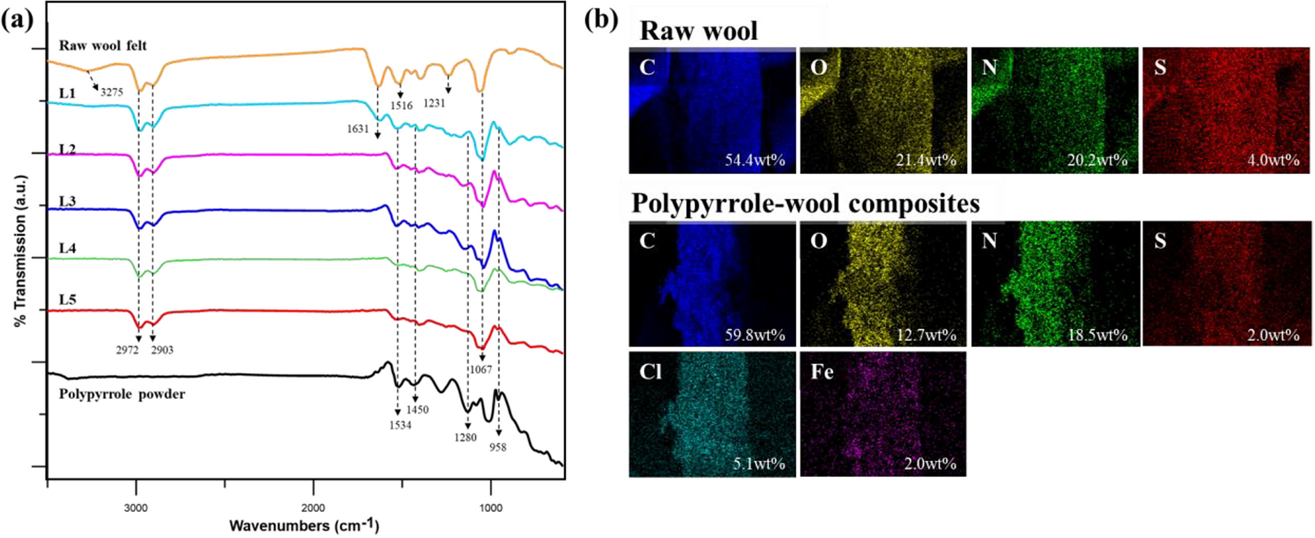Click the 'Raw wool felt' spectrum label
[103, 45]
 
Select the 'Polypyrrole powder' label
[122, 394]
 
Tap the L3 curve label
[67, 202]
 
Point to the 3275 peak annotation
[112, 92]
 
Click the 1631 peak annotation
[358, 129]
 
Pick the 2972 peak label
[127, 349]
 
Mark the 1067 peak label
[480, 369]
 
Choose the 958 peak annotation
[497, 447]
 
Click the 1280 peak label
[465, 437]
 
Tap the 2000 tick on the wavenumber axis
[313, 508]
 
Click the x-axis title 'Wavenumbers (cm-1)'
[304, 526]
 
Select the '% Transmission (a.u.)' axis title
[20, 250]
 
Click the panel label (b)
[601, 20]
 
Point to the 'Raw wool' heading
[698, 31]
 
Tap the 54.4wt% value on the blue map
[755, 160]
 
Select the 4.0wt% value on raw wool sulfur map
[1273, 160]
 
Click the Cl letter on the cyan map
[650, 371]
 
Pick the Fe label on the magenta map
[821, 371]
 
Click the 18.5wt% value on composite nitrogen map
[1097, 335]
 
